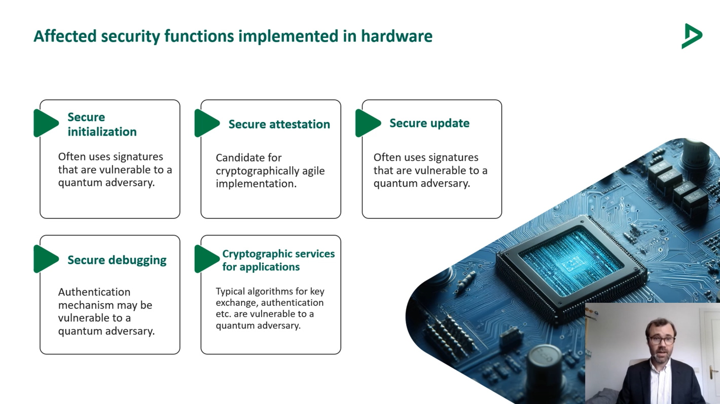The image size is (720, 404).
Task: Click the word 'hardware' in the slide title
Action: [x=397, y=35]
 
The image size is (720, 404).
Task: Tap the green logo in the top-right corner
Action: [x=692, y=36]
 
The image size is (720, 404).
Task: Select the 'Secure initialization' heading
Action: [x=102, y=124]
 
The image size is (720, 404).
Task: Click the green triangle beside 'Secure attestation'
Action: [x=207, y=123]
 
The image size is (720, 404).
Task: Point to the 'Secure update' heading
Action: [x=429, y=123]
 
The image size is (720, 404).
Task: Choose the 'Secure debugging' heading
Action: [x=117, y=260]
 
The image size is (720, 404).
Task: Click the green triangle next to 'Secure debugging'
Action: [x=46, y=259]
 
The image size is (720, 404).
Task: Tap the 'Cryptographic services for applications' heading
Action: [x=278, y=260]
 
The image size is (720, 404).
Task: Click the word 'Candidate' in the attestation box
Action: [x=237, y=157]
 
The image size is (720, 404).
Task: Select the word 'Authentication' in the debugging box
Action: [x=94, y=292]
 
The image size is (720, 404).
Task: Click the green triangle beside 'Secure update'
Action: [x=368, y=123]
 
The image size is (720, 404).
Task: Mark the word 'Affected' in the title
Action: [x=65, y=35]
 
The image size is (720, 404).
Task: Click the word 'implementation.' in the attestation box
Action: [x=256, y=184]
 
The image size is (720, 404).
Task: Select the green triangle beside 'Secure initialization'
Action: [x=46, y=123]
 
